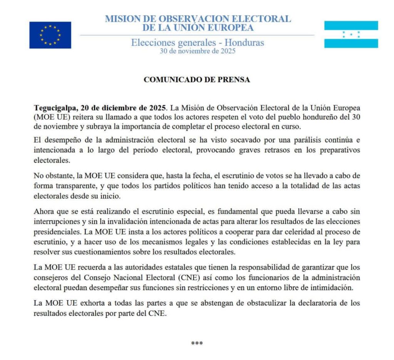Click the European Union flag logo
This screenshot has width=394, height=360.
point(50,35)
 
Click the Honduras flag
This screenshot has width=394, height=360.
point(351,34)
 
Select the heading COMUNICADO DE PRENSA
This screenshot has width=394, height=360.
point(197,80)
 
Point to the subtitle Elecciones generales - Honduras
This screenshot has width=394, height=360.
point(197,42)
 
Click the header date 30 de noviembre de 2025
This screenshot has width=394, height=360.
point(197,50)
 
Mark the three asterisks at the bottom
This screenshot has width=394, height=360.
point(197,343)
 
